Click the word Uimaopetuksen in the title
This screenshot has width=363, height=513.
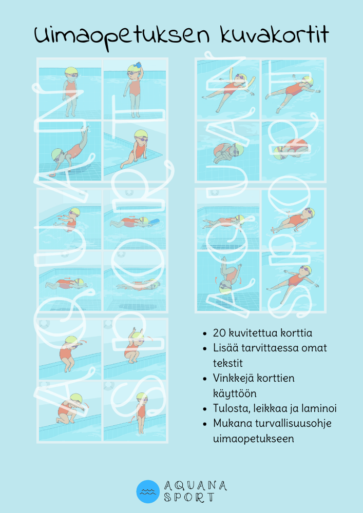click(x=122, y=36)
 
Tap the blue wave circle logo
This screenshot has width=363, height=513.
click(x=148, y=491)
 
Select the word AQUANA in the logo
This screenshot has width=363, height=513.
click(x=196, y=486)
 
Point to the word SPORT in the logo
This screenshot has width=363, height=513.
click(x=189, y=498)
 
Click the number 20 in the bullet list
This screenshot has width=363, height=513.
click(x=220, y=333)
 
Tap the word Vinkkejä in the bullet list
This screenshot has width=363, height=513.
click(x=234, y=379)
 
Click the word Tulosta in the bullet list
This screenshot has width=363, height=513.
click(x=228, y=408)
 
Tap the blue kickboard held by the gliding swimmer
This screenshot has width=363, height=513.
click(x=153, y=222)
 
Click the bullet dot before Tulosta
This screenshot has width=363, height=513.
click(x=205, y=409)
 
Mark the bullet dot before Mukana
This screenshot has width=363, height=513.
click(x=205, y=424)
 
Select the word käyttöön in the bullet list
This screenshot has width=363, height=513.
click(x=235, y=393)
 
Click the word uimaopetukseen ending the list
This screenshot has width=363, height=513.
click(x=253, y=439)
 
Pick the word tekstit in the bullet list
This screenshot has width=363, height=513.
click(x=228, y=363)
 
